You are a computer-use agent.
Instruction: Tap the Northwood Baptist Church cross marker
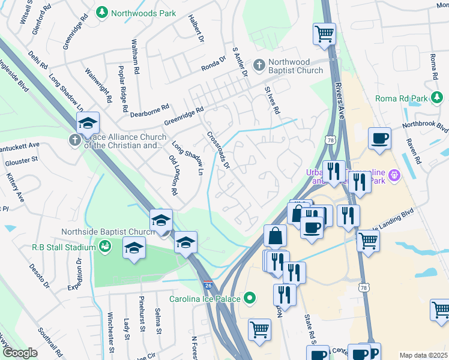coord(259,64)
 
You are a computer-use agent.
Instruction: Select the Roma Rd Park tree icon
coord(439,98)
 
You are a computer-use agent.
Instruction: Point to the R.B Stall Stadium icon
coord(105,247)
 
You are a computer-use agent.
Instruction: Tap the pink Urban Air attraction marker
coord(394,175)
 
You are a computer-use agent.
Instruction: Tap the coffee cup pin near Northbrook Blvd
coord(379,138)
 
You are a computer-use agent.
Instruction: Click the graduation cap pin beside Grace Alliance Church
coord(88,124)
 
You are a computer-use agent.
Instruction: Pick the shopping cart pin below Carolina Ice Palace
coord(259,329)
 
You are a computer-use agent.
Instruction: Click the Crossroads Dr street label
coord(218,151)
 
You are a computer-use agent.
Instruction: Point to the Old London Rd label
coord(173,175)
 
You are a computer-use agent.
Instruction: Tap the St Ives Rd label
coord(273,99)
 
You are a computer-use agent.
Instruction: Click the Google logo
coord(20,353)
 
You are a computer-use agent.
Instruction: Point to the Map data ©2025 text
coord(423,355)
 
